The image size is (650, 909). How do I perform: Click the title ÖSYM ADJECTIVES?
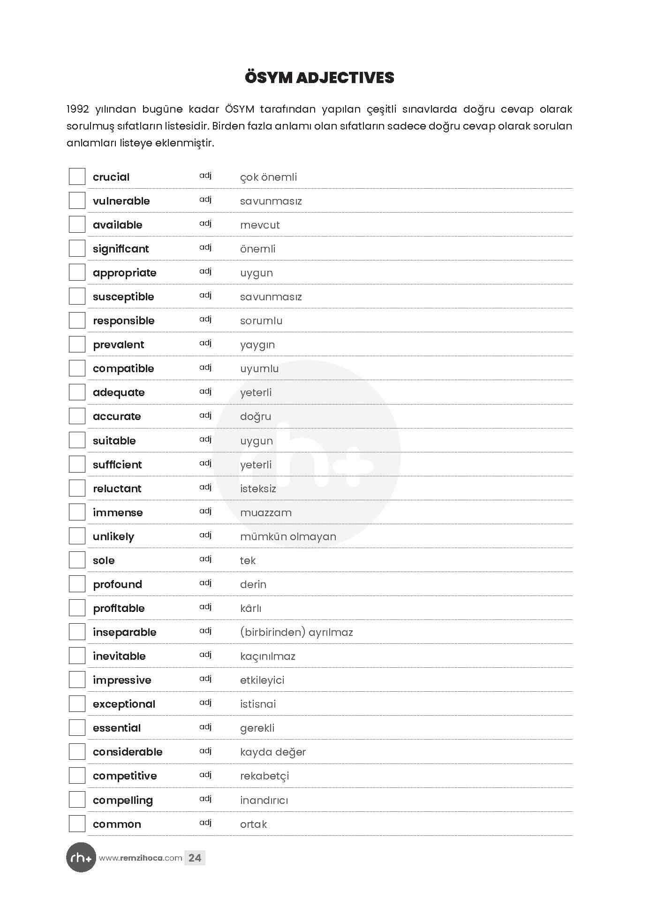pos(319,78)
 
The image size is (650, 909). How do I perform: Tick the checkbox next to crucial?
pos(77,177)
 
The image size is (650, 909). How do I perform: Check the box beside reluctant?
pos(77,488)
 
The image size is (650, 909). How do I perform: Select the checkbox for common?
pos(77,824)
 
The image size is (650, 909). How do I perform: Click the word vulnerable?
pos(121,201)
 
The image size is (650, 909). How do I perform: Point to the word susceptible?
pos(123,297)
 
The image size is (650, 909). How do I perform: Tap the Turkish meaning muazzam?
pos(265,512)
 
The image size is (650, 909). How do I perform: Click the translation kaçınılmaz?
pos(267,656)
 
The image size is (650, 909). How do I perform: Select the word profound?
pos(117,584)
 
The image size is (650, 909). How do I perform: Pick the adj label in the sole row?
pos(205,559)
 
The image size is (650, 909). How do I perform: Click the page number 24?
pos(195,858)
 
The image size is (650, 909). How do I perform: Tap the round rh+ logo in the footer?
pos(81,858)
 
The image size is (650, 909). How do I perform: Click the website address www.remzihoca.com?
pos(140,858)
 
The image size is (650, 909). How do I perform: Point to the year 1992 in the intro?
pos(78,109)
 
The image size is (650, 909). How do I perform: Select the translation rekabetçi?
pos(265,776)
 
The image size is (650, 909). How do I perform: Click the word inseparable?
pos(124,632)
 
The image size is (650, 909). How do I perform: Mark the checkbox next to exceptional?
pos(77,704)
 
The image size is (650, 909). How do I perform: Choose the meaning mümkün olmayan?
pos(288,536)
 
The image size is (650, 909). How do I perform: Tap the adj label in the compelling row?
pos(205,799)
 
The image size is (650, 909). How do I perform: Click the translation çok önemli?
pos(268,177)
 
